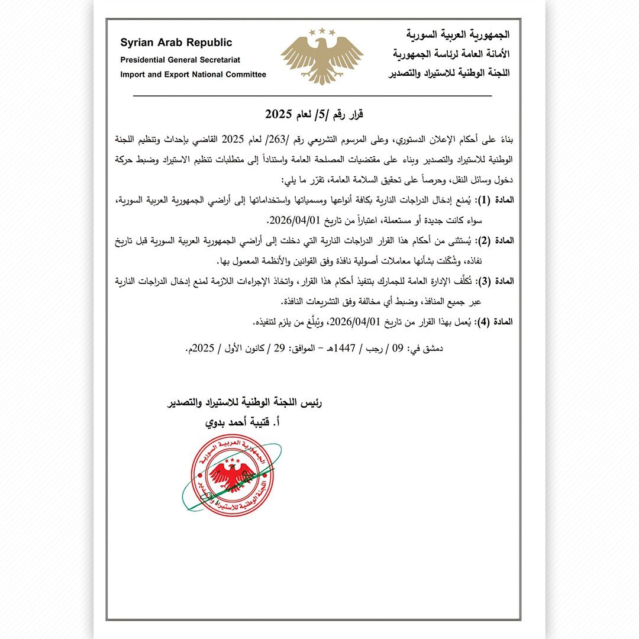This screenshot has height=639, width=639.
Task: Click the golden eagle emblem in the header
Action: point(321,56)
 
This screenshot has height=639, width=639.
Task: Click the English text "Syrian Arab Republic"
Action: point(176,43)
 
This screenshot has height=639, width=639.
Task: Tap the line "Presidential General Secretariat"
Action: point(180,60)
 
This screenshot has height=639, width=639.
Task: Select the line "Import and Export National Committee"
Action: point(193,75)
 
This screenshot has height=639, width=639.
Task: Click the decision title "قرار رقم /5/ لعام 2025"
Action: point(313,114)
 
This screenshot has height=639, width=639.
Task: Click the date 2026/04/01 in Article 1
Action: point(294,220)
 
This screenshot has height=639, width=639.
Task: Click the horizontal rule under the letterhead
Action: point(312,96)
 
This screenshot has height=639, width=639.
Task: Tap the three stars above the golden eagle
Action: point(321,31)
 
